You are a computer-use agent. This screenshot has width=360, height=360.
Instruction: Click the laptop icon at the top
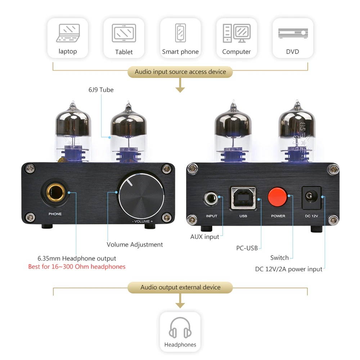click(68, 33)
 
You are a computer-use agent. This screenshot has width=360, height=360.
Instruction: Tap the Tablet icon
click(124, 33)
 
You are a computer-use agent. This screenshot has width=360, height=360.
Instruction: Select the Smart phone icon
click(180, 33)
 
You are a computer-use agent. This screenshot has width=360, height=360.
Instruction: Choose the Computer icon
click(237, 33)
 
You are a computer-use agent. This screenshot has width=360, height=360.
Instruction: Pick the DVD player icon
click(293, 33)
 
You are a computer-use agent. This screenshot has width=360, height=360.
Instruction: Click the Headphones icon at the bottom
click(180, 328)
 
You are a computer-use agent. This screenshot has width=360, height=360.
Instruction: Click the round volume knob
click(141, 197)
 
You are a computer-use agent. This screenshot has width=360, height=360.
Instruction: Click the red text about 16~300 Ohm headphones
click(77, 267)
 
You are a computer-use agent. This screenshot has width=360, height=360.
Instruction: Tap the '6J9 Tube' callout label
click(101, 90)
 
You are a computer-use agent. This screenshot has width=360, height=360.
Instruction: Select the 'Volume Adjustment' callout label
click(135, 244)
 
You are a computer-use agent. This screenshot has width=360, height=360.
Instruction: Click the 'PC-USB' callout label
click(247, 248)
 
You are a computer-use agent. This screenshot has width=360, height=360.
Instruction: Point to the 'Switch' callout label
click(279, 258)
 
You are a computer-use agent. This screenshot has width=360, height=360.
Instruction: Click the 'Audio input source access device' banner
click(180, 72)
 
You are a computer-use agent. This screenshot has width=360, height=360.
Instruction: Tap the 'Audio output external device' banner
click(180, 287)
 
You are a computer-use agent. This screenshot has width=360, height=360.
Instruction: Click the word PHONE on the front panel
click(55, 214)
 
